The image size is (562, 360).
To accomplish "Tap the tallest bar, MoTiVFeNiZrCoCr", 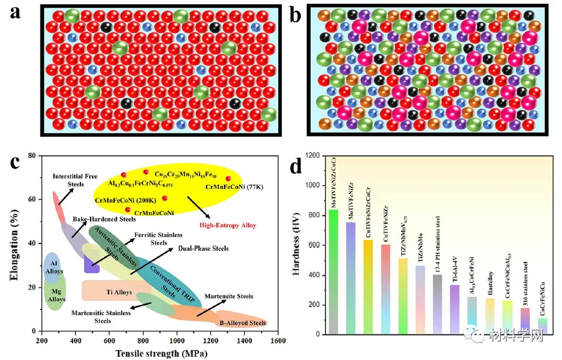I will pyautogui.click(x=334, y=271).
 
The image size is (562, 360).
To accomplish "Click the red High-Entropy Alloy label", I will pyautogui.click(x=227, y=225).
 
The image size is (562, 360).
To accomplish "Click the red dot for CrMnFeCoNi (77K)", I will pyautogui.click(x=228, y=178).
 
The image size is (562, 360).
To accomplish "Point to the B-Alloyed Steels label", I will pyautogui.click(x=243, y=323).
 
